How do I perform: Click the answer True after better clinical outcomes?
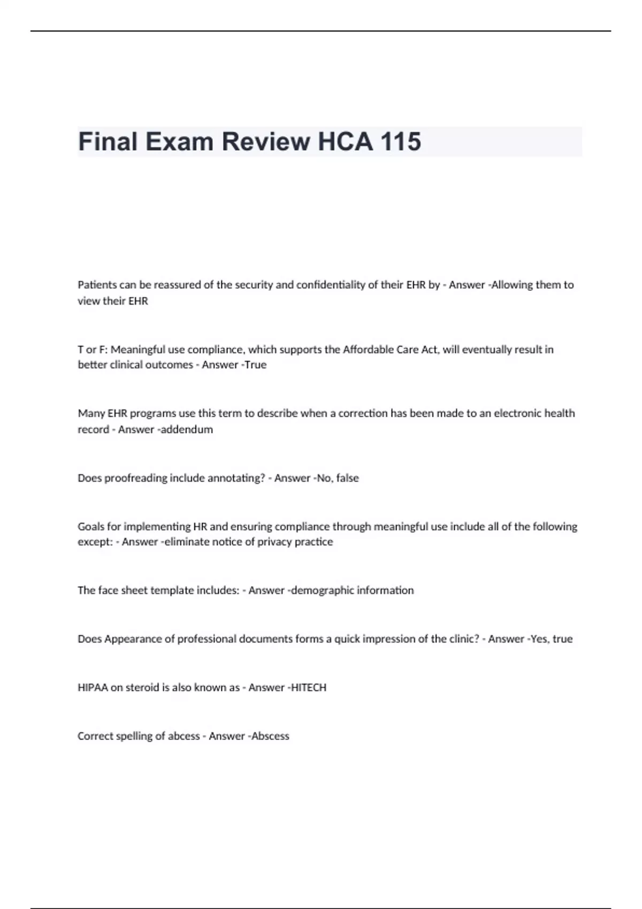[x=255, y=365]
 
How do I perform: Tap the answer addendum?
[x=187, y=429]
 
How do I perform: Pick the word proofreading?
[x=136, y=478]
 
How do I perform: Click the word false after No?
[x=348, y=478]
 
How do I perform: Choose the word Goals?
[x=91, y=527]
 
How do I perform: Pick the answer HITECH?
[x=308, y=688]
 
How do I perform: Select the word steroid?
[x=142, y=688]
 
